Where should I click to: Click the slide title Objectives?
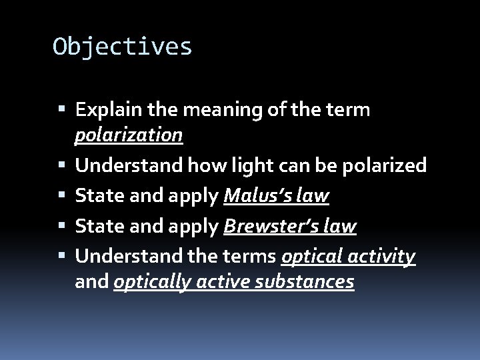123,47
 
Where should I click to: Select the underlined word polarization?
129,135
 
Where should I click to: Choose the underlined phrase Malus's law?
277,196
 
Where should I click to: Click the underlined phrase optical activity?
349,256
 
